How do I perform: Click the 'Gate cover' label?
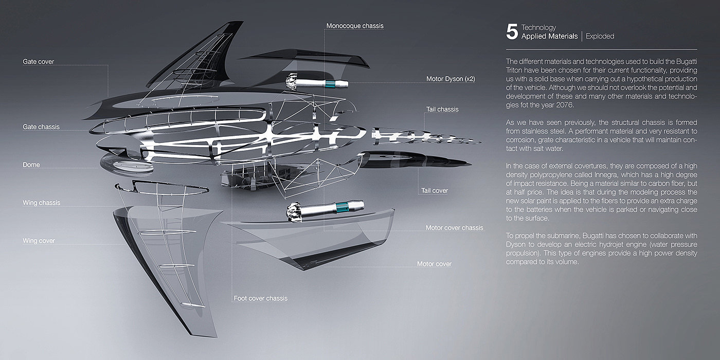[38, 62]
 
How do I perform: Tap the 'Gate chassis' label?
[41, 127]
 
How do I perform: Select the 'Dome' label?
[31, 165]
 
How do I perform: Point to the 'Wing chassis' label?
[41, 203]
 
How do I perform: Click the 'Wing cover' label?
[39, 241]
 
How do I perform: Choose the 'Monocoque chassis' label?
[355, 26]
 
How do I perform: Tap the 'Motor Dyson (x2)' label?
[451, 79]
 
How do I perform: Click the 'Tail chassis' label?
[442, 110]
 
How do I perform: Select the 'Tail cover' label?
[435, 191]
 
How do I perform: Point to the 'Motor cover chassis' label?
[454, 228]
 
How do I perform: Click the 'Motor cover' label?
[434, 264]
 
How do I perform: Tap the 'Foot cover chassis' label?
[260, 298]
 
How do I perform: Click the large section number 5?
[512, 32]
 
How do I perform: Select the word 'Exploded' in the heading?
[600, 37]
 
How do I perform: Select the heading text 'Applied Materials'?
[549, 37]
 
